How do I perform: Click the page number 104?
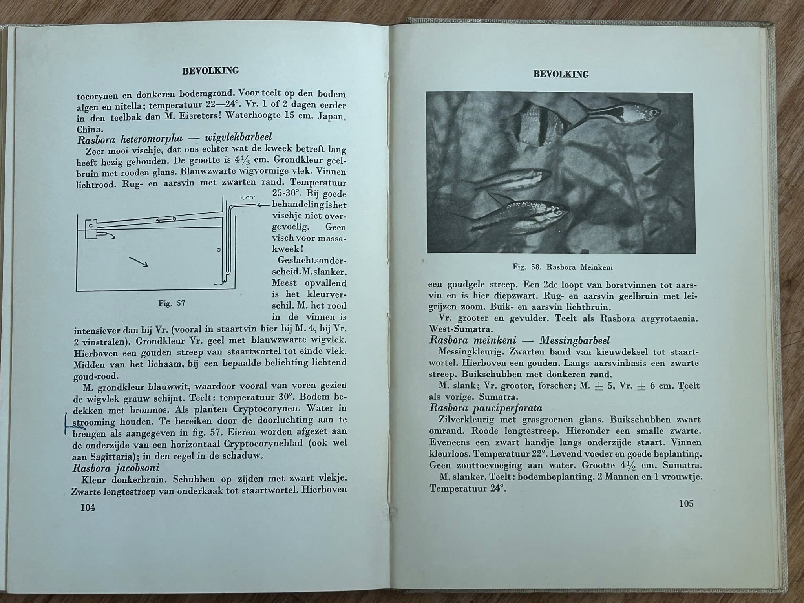pos(88,508)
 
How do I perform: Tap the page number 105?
pos(685,504)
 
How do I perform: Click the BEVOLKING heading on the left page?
pos(210,71)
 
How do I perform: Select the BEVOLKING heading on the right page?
pos(561,74)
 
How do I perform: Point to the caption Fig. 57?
pos(172,303)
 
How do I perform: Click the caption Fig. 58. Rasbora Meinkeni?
pos(563,267)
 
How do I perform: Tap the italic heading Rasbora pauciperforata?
pos(486,408)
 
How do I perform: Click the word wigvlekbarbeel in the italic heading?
pos(238,138)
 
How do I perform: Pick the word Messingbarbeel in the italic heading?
pos(574,340)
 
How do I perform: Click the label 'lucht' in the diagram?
pos(247,197)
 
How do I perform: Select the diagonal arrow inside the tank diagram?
pos(138,262)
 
